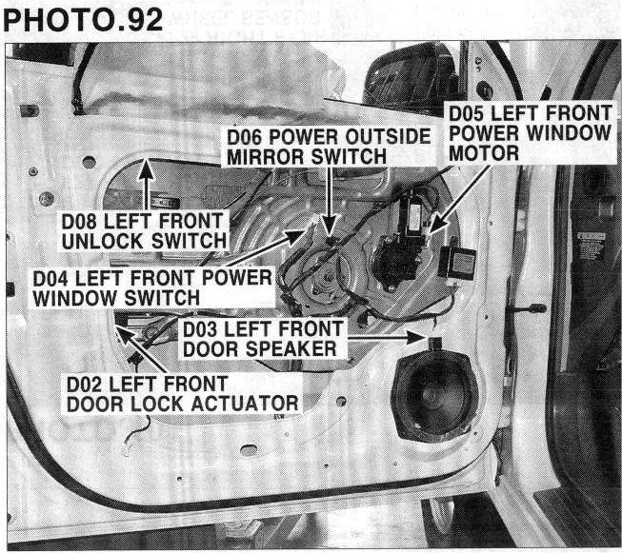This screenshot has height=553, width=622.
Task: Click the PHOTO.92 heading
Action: click(x=83, y=20)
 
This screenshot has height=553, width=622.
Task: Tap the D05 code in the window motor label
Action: click(x=467, y=114)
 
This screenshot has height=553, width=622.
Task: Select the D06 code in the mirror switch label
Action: click(x=245, y=137)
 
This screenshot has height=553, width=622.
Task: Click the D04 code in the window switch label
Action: click(x=50, y=278)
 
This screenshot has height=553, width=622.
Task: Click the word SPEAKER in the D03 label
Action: click(x=291, y=349)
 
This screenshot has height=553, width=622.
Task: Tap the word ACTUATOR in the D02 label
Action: click(x=245, y=404)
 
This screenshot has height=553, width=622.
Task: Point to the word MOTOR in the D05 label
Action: click(x=484, y=153)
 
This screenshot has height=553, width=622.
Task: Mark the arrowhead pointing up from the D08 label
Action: click(x=147, y=169)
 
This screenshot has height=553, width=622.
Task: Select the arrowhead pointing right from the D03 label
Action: click(x=416, y=338)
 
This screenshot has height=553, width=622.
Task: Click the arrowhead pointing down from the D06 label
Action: click(x=330, y=227)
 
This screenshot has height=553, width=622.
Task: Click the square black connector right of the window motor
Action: click(x=457, y=262)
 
